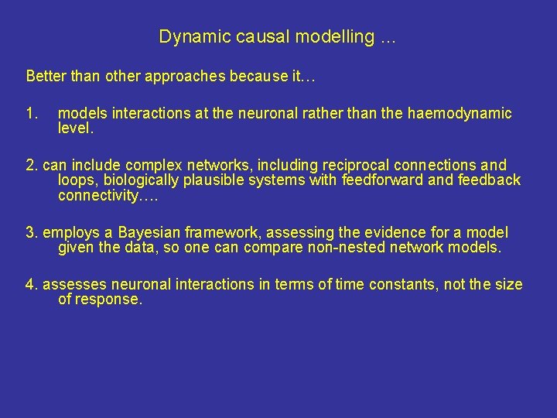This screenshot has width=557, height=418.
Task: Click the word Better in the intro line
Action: pyautogui.click(x=45, y=76)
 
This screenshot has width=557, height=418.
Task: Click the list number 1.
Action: pyautogui.click(x=31, y=114)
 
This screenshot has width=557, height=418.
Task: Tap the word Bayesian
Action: pyautogui.click(x=148, y=232)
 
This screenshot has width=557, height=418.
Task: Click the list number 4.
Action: pyautogui.click(x=31, y=285)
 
